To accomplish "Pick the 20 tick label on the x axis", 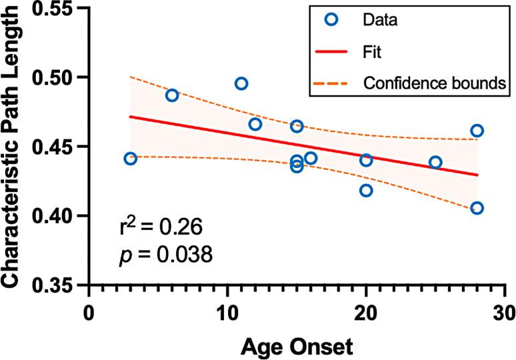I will tap(366, 311).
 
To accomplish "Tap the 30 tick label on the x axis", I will tap(505, 311).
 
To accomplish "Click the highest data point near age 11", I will tap(241, 83).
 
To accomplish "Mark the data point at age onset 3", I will tap(131, 159).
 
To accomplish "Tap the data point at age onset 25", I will tap(435, 162).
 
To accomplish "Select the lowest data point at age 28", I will tap(477, 208).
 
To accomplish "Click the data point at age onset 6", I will tap(172, 95).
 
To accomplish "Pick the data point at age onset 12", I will tap(255, 124).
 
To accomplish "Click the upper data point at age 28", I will tap(477, 131).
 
